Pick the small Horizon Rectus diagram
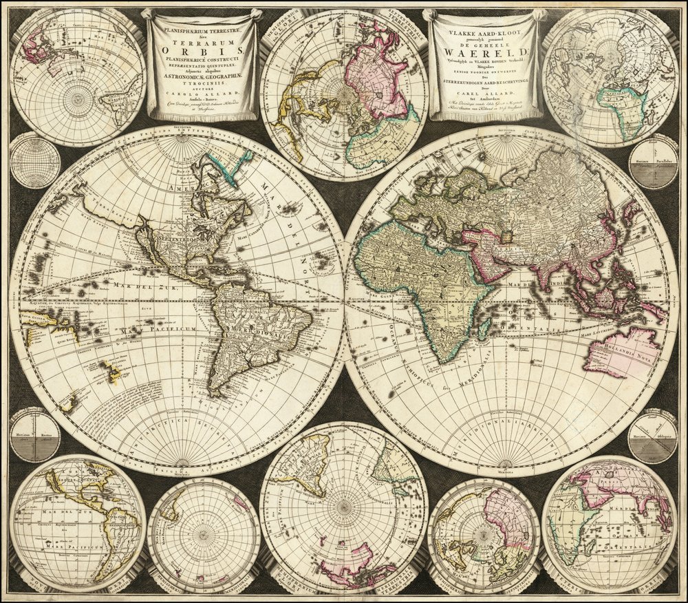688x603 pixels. (34, 438)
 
